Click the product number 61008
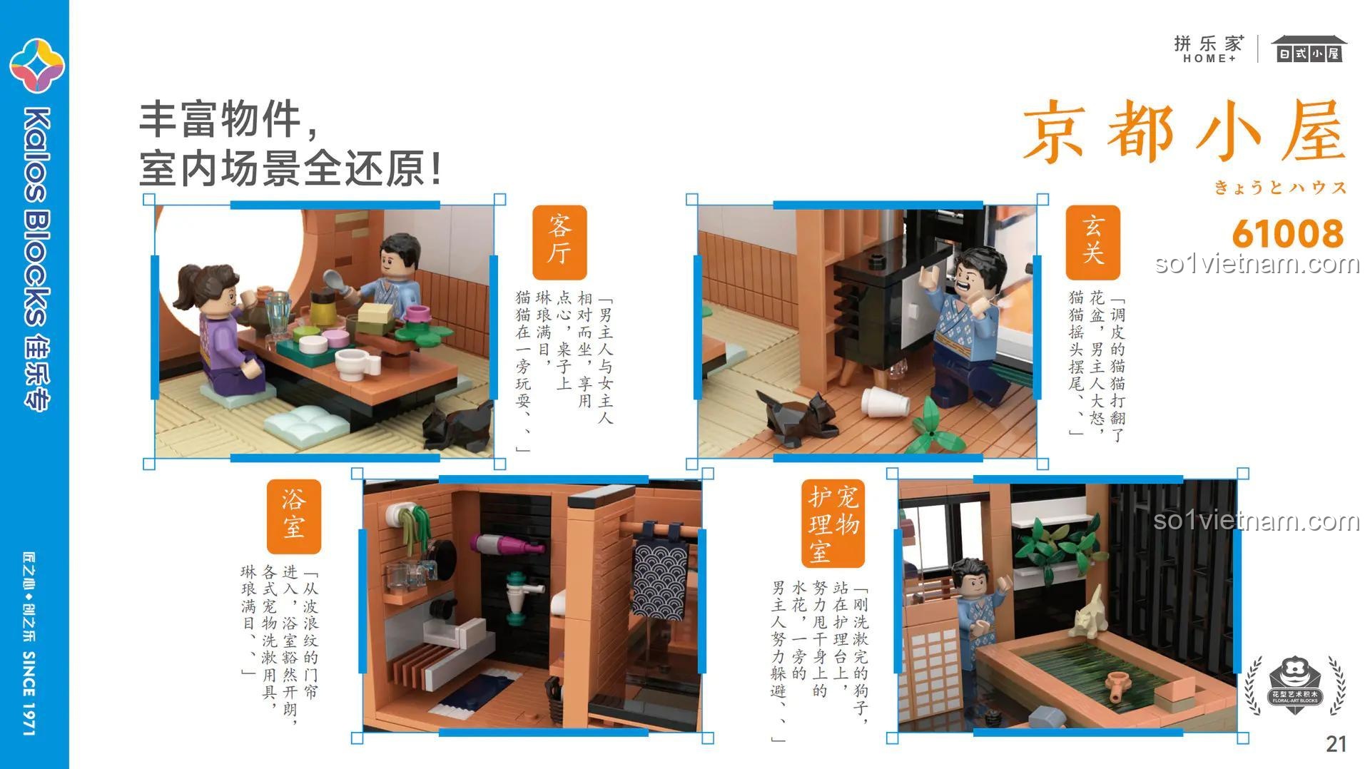pos(1287,233)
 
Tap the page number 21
pos(1336,744)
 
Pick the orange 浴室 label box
pos(294,516)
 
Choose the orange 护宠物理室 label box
pos(833,524)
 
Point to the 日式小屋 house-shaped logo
pos(1309,49)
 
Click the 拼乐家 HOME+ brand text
pos(1209,49)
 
